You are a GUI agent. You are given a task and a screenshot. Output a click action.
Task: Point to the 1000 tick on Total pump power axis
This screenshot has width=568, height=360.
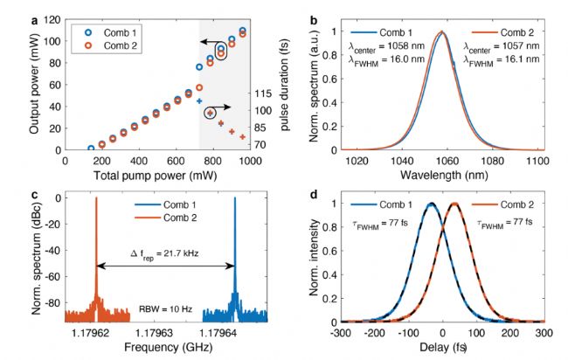250,162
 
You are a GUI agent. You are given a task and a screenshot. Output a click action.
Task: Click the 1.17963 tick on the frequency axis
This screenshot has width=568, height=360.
165,333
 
